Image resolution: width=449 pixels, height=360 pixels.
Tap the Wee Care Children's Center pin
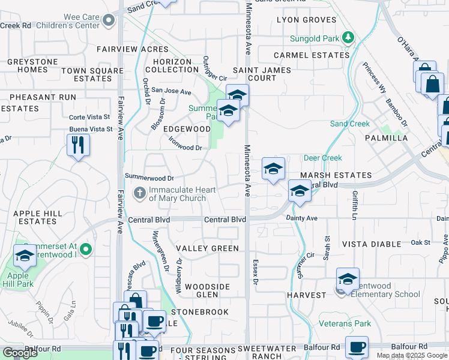[109, 22]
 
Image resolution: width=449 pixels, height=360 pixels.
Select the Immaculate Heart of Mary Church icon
[139, 193]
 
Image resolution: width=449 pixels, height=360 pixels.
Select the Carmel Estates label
[311, 55]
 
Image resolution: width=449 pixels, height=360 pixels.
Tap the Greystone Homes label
[32, 65]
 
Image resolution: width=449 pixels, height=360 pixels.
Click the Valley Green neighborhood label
[207, 248]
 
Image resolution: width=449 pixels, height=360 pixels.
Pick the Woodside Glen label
[208, 291]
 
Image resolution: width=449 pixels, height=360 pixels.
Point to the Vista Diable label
[371, 244]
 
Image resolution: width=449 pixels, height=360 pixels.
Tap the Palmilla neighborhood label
[386, 138]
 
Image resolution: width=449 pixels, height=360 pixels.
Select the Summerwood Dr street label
[149, 178]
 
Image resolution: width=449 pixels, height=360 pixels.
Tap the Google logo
[20, 353]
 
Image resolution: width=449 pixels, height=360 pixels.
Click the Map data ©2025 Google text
[411, 355]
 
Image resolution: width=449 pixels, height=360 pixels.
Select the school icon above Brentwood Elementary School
[348, 279]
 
